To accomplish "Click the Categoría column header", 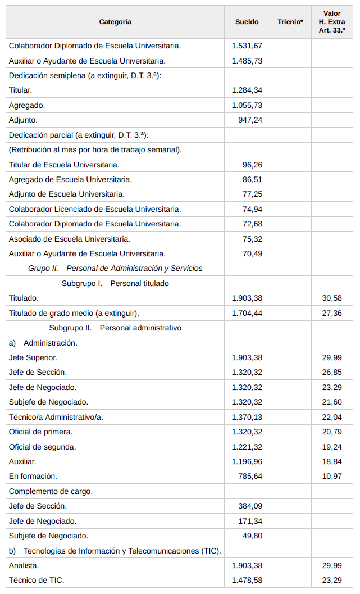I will [115, 22].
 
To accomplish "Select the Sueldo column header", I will [247, 22].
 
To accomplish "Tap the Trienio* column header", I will [290, 22].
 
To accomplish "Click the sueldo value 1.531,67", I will [247, 46].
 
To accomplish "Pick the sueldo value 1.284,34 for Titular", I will [247, 90].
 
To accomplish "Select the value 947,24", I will [250, 120].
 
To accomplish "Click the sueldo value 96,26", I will [252, 165].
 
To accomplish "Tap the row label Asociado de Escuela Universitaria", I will [70, 239].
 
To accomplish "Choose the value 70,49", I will [252, 253].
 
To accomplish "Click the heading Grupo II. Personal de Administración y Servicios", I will [115, 269].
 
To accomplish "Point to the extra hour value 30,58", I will [331, 298].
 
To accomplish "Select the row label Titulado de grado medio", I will [74, 313].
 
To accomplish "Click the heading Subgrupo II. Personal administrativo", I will [115, 328].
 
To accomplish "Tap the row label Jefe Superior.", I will [33, 357].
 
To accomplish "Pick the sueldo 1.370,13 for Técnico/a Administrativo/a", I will [247, 417].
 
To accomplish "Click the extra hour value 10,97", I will [331, 476].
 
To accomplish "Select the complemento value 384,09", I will [250, 506].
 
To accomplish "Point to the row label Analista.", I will [24, 565].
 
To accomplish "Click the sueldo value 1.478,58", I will [247, 580].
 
